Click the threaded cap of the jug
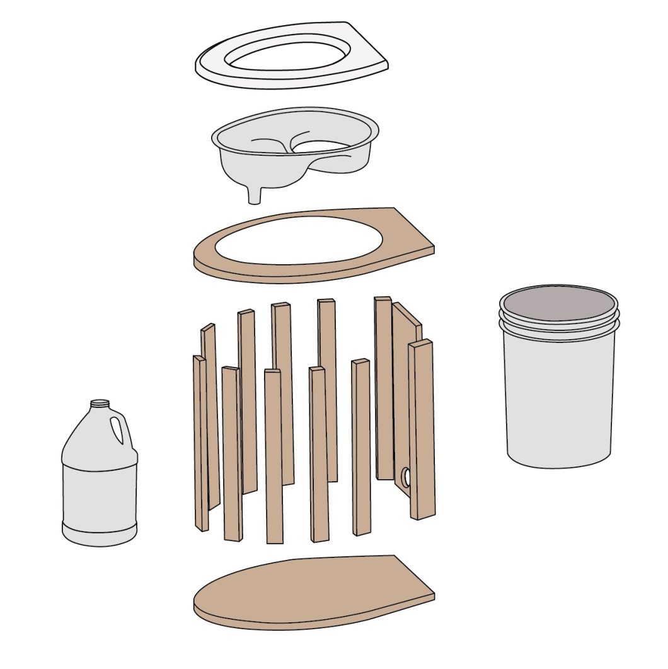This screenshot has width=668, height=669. (100, 404)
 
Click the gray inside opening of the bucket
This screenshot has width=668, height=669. (557, 303)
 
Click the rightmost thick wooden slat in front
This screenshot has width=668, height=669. (422, 429)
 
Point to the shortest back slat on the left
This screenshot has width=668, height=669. (210, 416)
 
